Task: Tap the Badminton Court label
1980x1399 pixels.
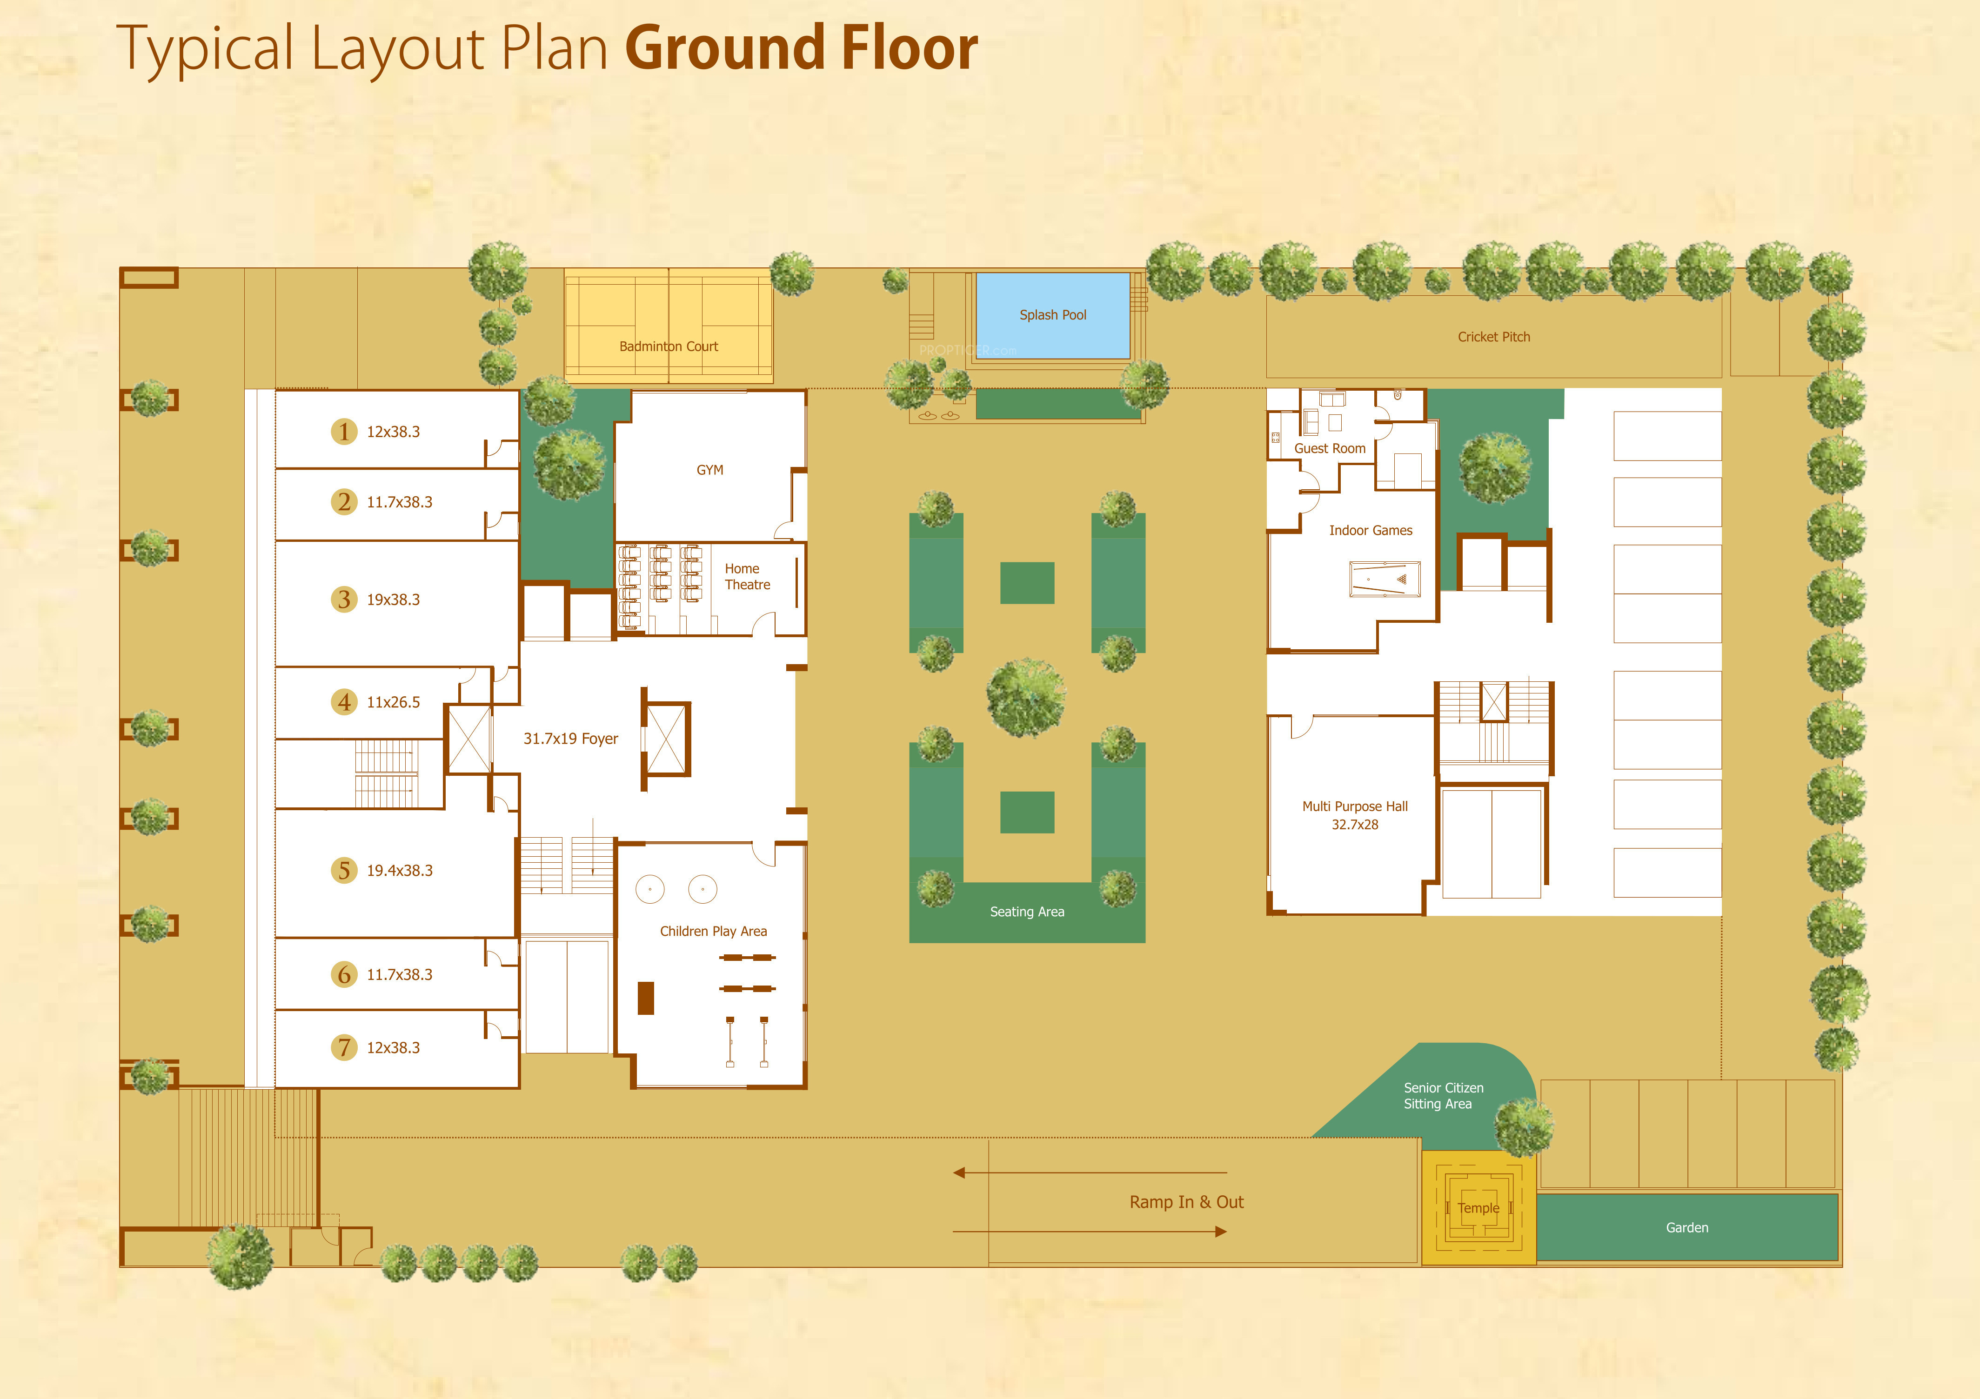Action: (669, 346)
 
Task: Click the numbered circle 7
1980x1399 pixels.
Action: (344, 1047)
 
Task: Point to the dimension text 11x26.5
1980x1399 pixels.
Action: (393, 702)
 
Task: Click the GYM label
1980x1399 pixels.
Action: (710, 470)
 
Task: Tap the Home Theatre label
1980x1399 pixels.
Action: (747, 577)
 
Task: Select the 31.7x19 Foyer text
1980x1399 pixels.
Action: (571, 739)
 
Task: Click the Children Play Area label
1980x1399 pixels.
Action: (713, 931)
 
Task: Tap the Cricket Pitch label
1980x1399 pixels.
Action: (1494, 337)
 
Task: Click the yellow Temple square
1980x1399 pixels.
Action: (1478, 1208)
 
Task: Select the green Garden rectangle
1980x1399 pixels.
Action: (1687, 1227)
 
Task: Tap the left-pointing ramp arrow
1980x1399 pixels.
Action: (1090, 1172)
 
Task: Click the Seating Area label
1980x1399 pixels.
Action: (1027, 912)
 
